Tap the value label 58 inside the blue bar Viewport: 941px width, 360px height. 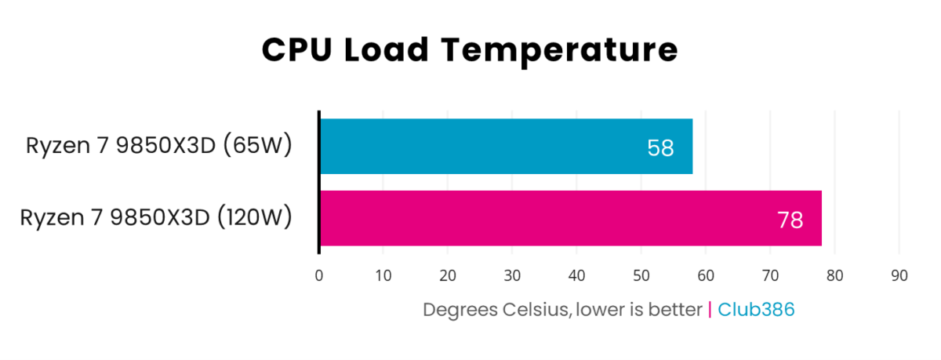[x=660, y=147]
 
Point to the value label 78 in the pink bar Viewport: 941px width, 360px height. [x=790, y=220]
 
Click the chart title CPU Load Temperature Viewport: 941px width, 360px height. [x=469, y=50]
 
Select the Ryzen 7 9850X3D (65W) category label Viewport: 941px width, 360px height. [x=159, y=146]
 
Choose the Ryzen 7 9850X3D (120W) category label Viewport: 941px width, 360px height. [x=156, y=217]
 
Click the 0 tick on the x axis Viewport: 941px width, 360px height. [x=319, y=276]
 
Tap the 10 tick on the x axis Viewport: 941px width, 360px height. [x=383, y=276]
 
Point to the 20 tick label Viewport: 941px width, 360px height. [x=448, y=276]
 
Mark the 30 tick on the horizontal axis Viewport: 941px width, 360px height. [x=512, y=276]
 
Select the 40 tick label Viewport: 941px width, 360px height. [x=577, y=276]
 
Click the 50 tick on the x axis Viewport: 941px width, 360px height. [x=641, y=276]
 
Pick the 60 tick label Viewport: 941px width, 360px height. [x=706, y=276]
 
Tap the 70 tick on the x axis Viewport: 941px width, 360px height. [x=770, y=276]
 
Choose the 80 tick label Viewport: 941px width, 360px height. [x=834, y=276]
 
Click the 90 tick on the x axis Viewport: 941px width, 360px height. [x=899, y=276]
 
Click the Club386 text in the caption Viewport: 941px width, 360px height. [x=756, y=310]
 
